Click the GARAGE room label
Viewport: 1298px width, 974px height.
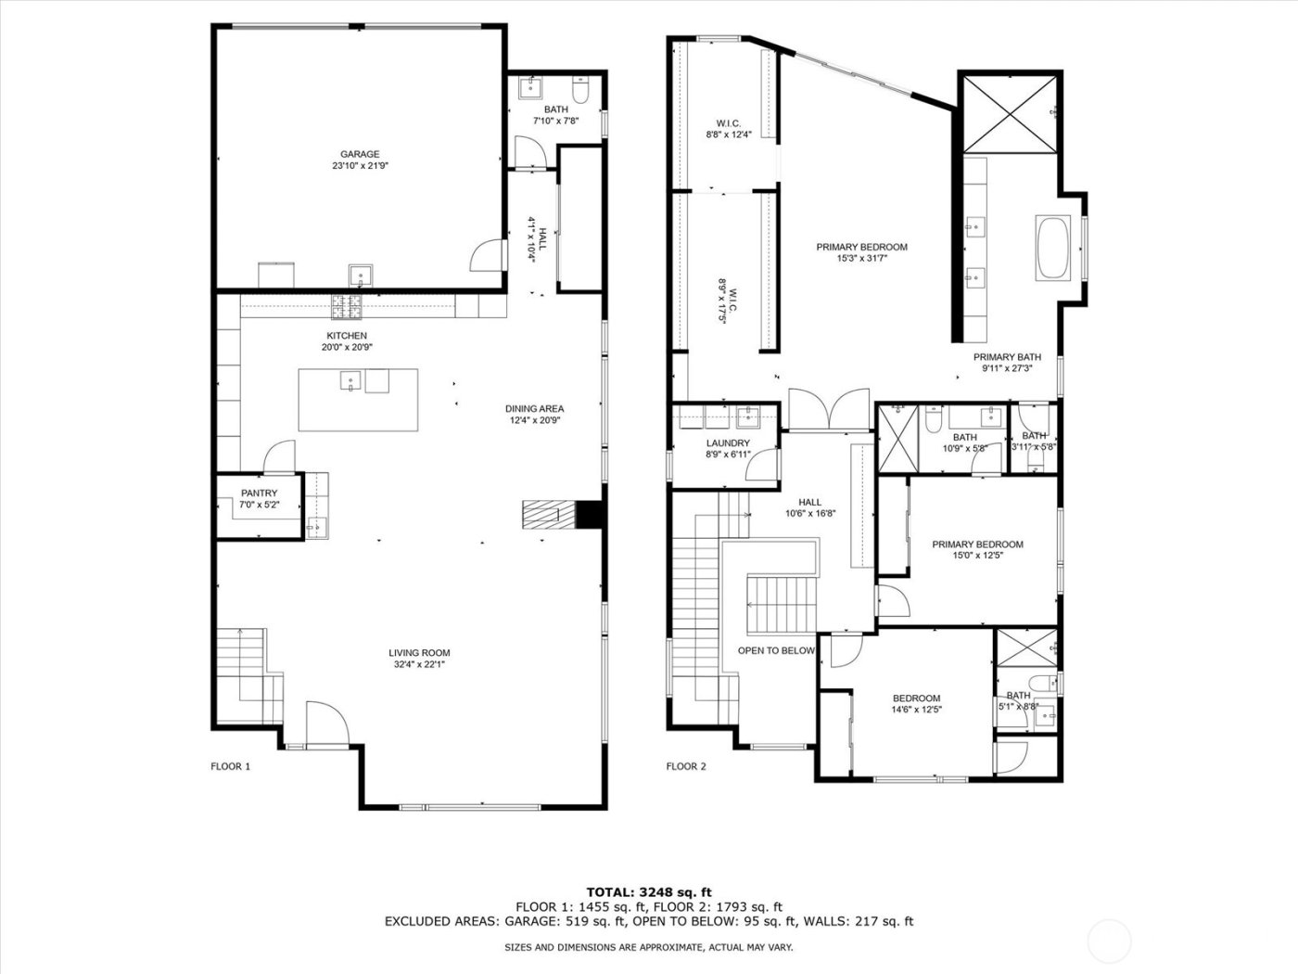coord(360,154)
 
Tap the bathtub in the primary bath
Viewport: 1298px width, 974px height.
coord(1052,247)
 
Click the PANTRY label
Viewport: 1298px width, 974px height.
coord(259,493)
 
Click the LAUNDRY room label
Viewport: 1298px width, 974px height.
coord(727,443)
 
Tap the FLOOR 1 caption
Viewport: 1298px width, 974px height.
coord(231,766)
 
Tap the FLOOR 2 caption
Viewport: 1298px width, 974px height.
coord(686,766)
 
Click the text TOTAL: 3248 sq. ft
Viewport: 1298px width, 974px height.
coord(649,892)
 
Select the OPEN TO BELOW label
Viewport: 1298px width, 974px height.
coord(776,650)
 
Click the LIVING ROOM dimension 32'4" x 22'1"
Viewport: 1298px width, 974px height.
coord(419,664)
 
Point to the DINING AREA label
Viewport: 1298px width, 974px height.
coord(534,408)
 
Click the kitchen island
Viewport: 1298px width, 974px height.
coord(358,399)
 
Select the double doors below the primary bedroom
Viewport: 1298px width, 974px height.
coord(830,411)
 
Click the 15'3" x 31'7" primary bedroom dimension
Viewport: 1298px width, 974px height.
coord(861,259)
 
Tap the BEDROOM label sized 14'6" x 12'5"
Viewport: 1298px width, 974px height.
coord(916,698)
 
